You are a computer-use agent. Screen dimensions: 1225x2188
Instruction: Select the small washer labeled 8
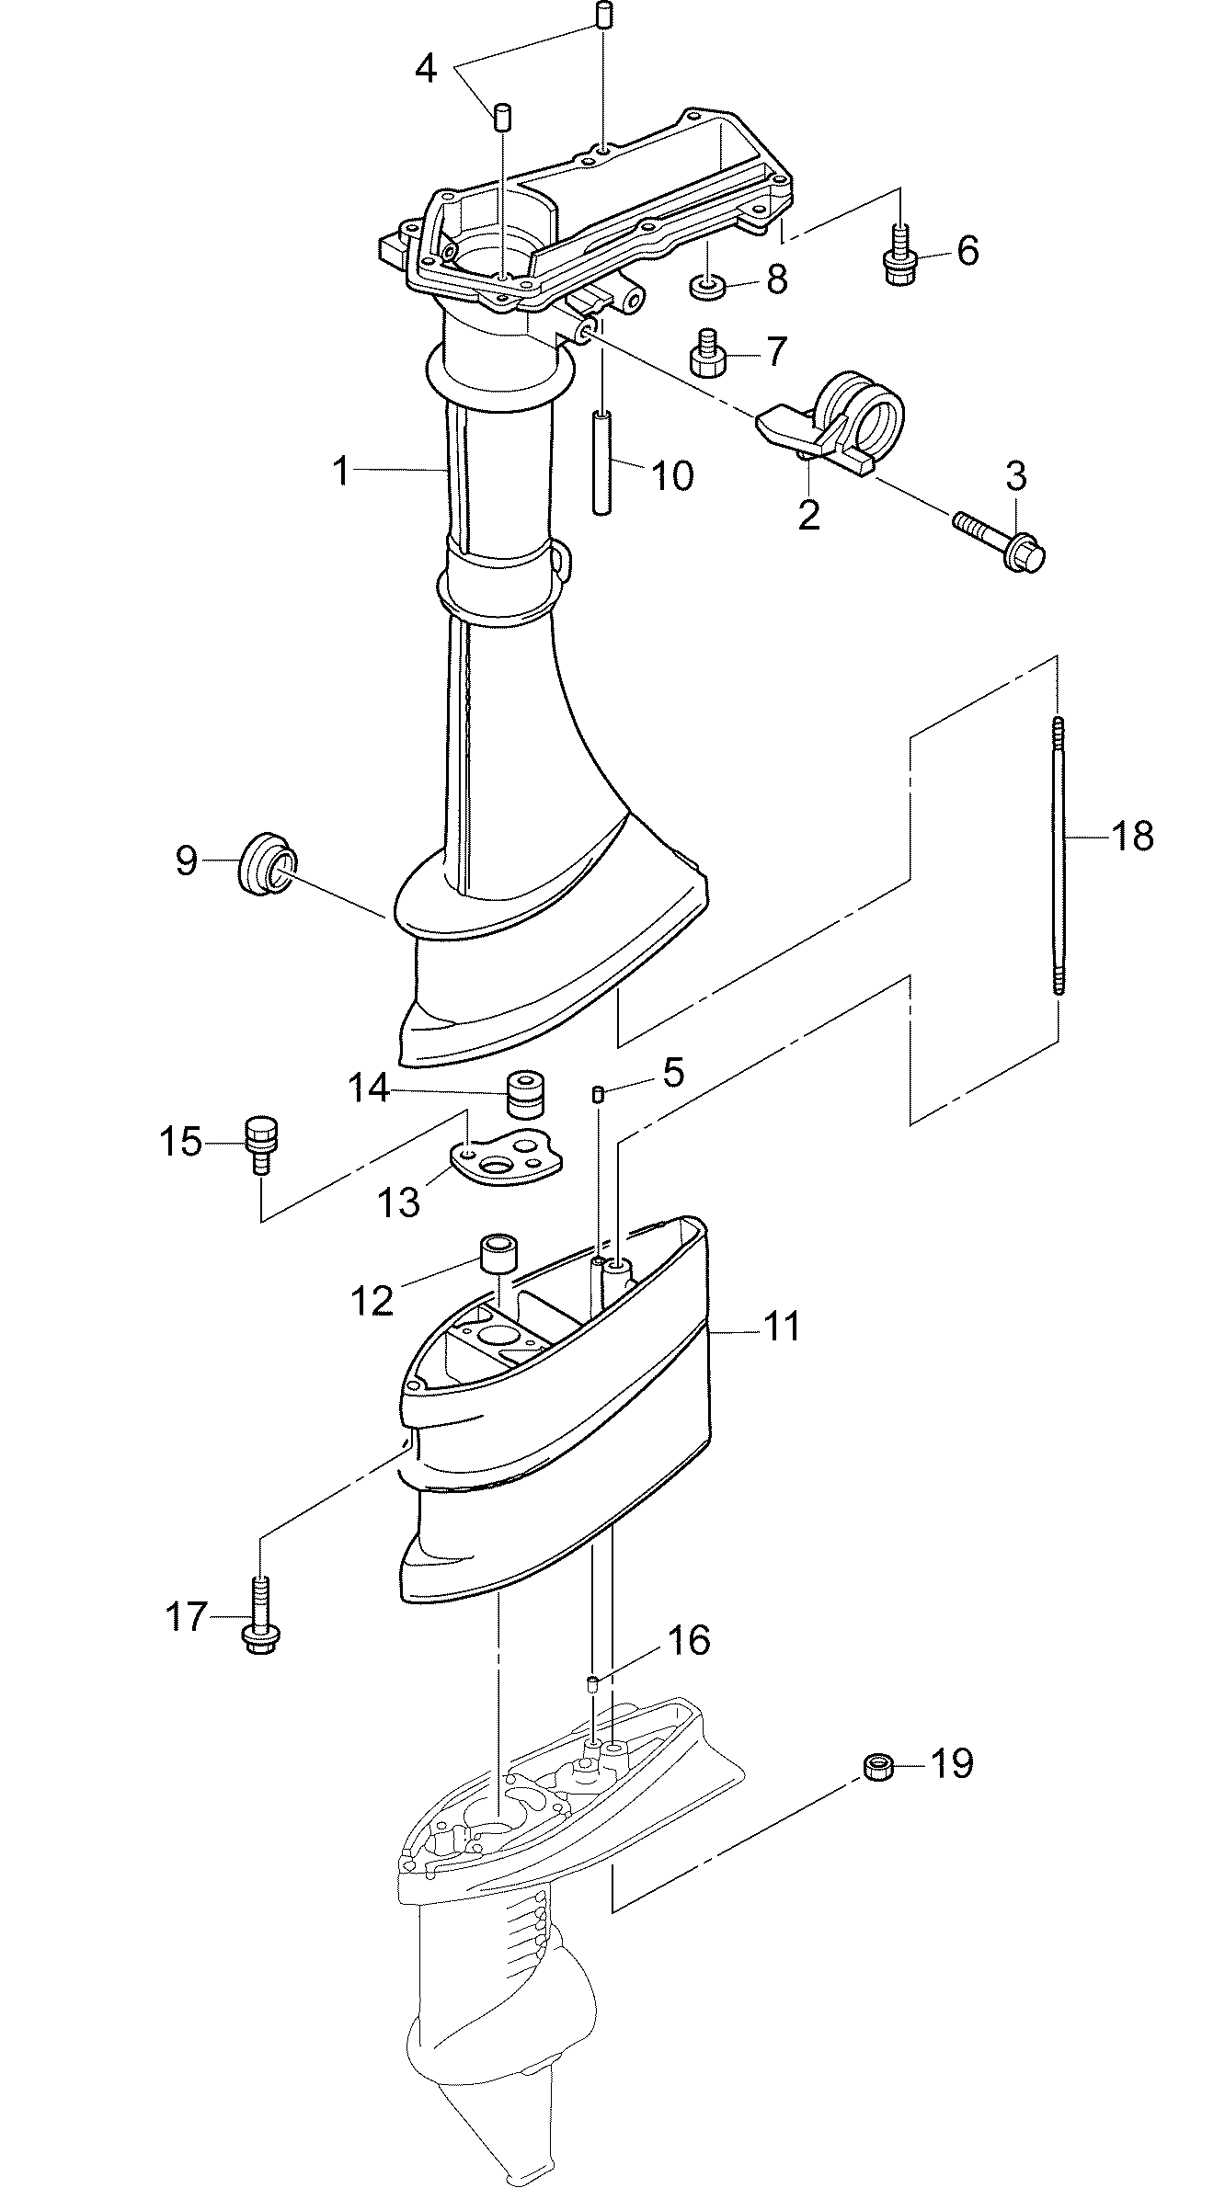[x=709, y=287]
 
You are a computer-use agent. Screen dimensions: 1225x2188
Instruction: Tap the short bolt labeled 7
[x=707, y=354]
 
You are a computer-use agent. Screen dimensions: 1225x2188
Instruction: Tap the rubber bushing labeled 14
[x=524, y=1094]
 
